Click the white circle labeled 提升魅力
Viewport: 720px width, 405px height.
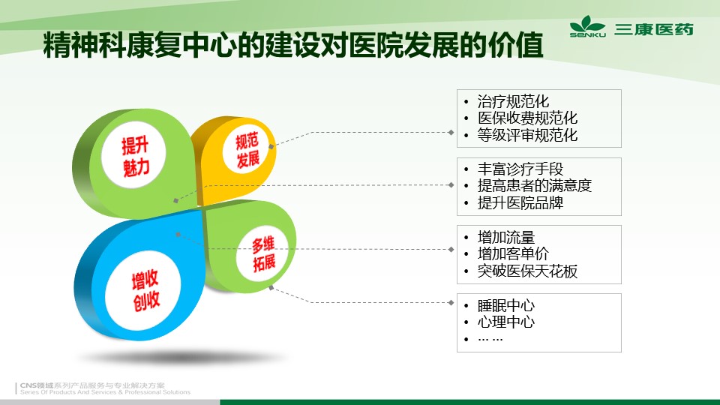133,154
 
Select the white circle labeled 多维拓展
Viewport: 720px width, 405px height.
262,253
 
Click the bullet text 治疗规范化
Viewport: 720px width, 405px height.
513,101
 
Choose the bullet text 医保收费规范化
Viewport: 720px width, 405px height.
527,118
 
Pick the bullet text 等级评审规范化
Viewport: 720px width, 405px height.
527,135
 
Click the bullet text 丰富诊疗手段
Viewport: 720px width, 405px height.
520,169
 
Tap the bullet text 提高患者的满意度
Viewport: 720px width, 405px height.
535,185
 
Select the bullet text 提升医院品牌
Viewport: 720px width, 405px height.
520,202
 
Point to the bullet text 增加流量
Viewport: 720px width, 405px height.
506,237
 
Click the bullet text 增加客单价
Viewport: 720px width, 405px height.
513,253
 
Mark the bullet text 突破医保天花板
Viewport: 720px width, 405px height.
527,271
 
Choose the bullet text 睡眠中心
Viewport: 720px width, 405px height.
506,305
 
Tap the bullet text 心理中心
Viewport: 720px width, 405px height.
506,322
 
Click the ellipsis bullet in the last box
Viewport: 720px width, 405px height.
490,339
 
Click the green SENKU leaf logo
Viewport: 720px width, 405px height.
587,26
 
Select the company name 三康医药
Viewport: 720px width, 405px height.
654,29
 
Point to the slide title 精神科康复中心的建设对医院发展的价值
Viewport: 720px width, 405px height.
293,45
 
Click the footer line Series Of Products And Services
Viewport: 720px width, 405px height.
105,392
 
